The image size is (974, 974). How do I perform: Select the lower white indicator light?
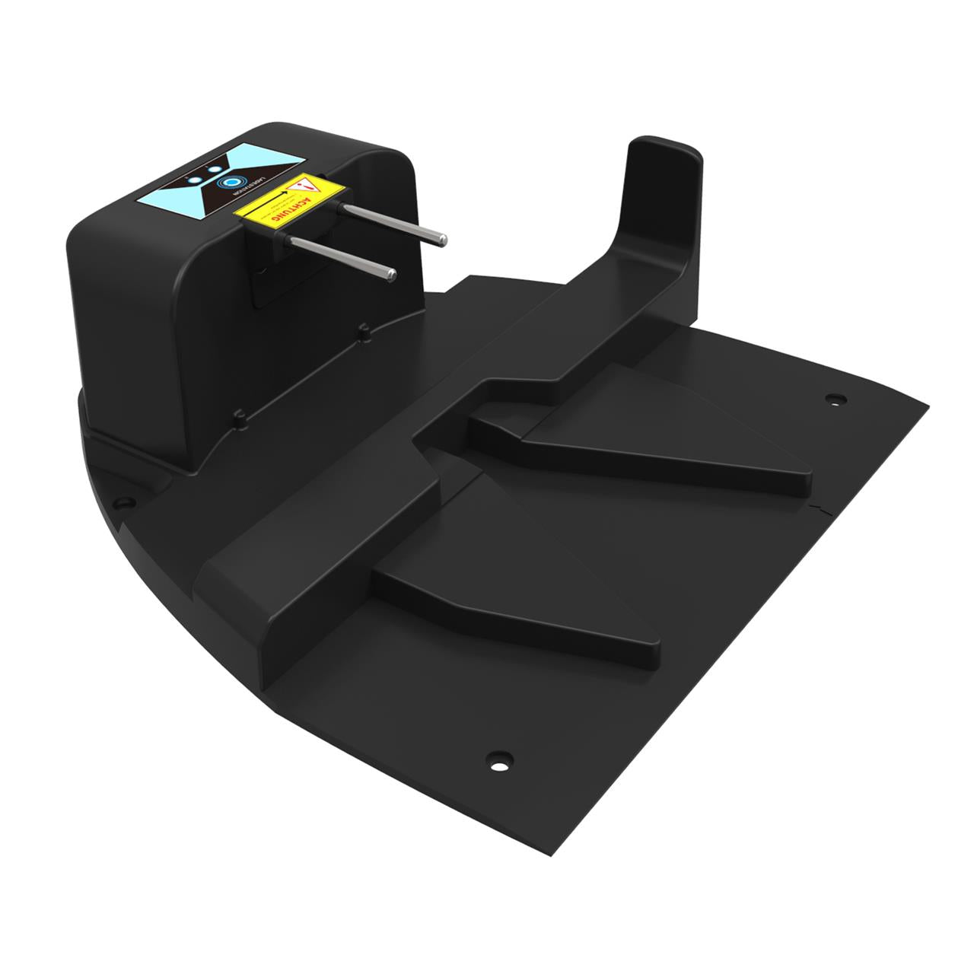[196, 180]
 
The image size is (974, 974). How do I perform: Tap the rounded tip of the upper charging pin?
[441, 240]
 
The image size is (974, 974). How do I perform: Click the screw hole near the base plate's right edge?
[836, 399]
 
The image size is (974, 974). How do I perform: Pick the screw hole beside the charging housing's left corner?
[121, 502]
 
